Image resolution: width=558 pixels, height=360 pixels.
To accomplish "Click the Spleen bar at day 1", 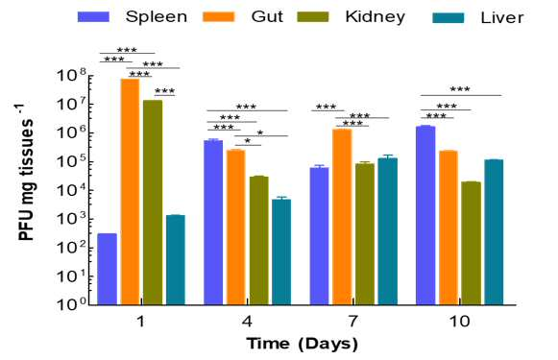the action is pos(108,269).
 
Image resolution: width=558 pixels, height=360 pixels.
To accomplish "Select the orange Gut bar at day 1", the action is pos(131,192).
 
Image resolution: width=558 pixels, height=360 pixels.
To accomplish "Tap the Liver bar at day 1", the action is pos(176,260).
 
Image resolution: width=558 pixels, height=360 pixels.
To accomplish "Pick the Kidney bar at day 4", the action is pos(259,240).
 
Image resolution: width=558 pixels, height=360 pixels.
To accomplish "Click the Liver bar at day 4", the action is pos(281,252).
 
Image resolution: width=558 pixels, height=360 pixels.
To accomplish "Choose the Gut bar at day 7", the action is pos(342,217).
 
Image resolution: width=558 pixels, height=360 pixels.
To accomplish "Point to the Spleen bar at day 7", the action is pos(319,236).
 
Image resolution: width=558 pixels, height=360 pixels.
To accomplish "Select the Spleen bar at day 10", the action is pos(425,215).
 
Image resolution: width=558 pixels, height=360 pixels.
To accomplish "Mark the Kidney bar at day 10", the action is pos(472,243).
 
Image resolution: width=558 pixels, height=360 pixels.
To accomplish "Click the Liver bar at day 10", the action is pos(494,232).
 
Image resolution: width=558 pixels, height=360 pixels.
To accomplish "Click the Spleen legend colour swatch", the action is pos(93,17).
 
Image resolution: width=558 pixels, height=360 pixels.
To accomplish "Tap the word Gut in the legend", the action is pos(267,16).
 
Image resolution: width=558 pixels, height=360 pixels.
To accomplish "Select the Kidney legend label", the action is pos(376,17).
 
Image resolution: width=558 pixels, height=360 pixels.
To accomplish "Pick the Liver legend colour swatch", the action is pos(449,18).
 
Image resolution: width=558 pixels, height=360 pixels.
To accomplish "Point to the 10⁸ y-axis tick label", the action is pos(71,77).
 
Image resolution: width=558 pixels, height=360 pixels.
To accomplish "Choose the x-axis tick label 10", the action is pos(459,322).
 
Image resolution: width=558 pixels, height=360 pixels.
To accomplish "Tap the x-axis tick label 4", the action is pos(247,322).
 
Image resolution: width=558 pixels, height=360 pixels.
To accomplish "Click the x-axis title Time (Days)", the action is pos(303,344).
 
